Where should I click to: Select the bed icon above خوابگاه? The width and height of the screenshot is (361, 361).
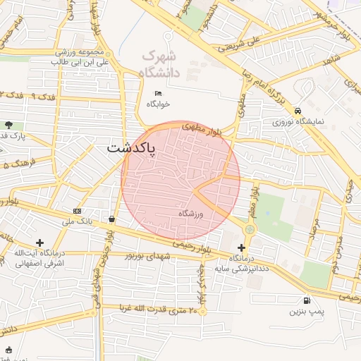[x=158, y=93]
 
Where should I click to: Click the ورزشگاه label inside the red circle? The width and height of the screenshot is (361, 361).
[x=190, y=214]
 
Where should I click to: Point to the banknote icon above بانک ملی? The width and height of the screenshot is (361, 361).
[x=77, y=211]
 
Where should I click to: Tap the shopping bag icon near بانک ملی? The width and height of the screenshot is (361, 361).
[x=112, y=219]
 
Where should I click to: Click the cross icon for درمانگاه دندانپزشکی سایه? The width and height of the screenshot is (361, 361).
[x=242, y=247]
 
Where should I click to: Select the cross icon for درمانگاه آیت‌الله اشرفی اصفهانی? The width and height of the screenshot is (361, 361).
[x=39, y=243]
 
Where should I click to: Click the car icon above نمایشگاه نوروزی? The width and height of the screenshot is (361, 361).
[x=299, y=111]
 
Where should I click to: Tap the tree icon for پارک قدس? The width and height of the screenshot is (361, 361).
[x=8, y=125]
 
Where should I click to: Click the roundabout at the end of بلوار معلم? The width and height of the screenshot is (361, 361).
[x=250, y=229]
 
